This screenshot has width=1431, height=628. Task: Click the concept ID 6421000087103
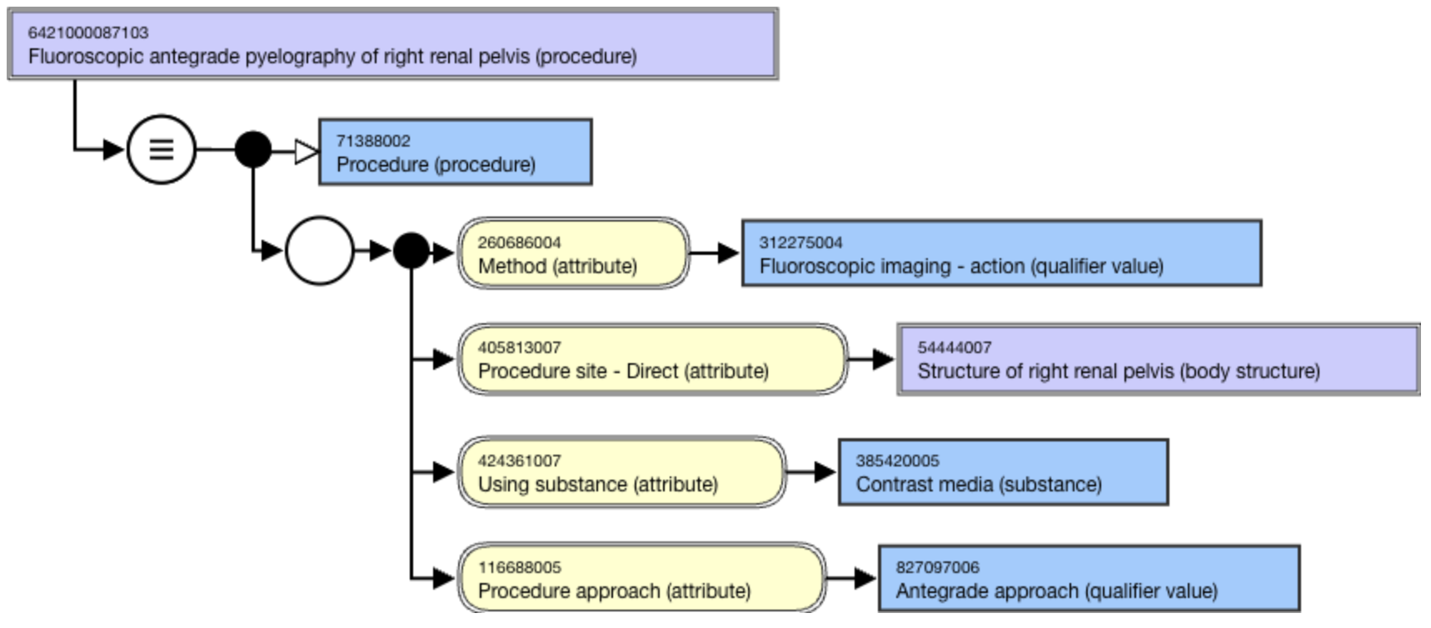click(x=88, y=33)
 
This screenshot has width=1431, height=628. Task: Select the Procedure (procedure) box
click(x=455, y=152)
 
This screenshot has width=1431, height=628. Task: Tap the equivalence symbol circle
click(x=161, y=150)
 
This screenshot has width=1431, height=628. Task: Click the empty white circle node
click(x=319, y=250)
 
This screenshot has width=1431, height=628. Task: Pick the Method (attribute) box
click(x=573, y=254)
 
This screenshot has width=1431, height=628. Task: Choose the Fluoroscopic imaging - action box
click(x=1000, y=254)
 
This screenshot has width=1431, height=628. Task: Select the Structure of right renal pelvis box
click(x=1157, y=359)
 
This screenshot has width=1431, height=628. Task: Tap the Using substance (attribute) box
click(x=621, y=472)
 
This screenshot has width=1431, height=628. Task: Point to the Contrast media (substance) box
click(x=1002, y=472)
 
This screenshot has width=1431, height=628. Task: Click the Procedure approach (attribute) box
click(x=641, y=579)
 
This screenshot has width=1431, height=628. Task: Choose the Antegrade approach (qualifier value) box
click(x=1088, y=579)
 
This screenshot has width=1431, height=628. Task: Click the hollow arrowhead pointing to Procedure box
click(x=306, y=152)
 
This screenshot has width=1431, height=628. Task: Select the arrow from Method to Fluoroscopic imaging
click(x=715, y=253)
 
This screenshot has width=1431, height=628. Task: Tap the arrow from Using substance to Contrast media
click(x=811, y=472)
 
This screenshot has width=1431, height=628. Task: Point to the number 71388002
click(x=373, y=141)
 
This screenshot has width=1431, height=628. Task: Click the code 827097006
click(x=937, y=567)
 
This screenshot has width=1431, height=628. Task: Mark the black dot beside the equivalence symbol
click(x=252, y=150)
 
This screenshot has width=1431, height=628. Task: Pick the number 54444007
click(x=954, y=347)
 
